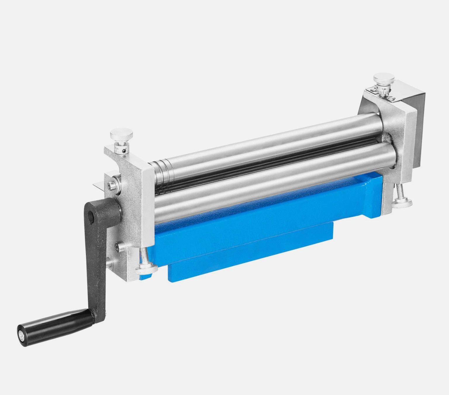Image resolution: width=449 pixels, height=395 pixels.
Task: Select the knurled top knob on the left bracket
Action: (x=122, y=135)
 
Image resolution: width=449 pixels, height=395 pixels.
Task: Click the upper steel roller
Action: (x=263, y=146)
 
